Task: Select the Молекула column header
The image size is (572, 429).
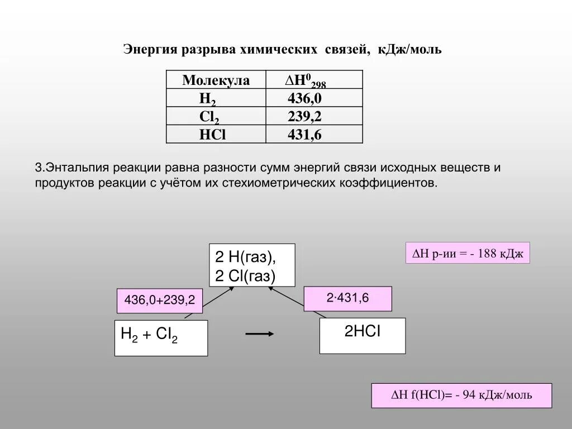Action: [x=216, y=80]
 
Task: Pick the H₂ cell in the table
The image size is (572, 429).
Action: [x=208, y=99]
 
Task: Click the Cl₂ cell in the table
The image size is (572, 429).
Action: [x=209, y=117]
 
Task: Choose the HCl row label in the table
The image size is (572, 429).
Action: [x=212, y=135]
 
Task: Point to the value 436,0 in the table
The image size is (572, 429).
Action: [x=304, y=99]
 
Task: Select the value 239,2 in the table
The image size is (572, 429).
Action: [x=304, y=117]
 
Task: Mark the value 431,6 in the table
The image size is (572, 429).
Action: [x=304, y=135]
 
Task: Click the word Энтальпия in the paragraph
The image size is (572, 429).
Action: [x=78, y=168]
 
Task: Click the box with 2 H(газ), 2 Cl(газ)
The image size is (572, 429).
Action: [x=252, y=266]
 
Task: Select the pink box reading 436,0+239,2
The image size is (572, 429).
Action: [x=159, y=301]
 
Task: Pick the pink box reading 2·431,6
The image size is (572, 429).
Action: [x=347, y=298]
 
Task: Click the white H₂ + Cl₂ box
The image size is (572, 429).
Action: [x=161, y=337]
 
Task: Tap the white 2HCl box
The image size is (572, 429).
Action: [x=362, y=335]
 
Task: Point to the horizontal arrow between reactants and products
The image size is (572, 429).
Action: [x=260, y=333]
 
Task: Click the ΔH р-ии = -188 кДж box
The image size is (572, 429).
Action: [x=467, y=253]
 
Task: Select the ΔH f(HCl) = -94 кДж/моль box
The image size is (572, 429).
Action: [x=461, y=395]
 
